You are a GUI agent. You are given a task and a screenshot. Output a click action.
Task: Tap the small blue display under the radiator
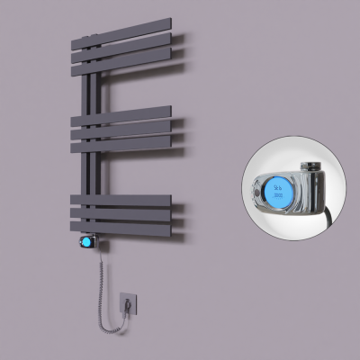(87, 243)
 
